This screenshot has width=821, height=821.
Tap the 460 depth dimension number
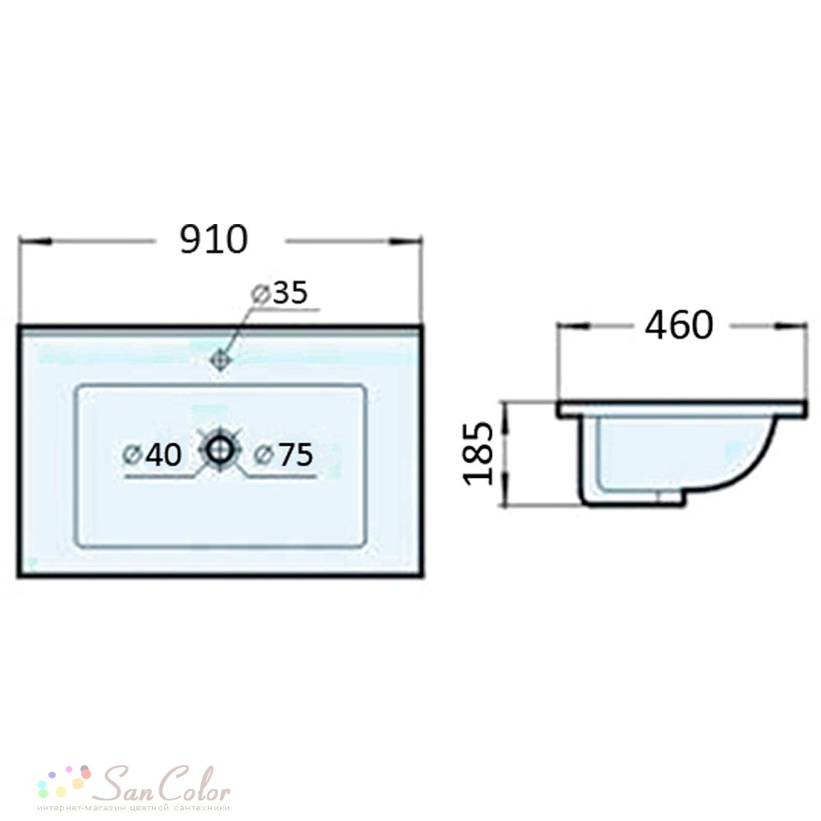[x=679, y=324]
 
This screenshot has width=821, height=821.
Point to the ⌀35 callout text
[x=280, y=293]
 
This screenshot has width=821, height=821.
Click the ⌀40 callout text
[x=152, y=455]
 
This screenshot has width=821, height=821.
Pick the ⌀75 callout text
[x=283, y=455]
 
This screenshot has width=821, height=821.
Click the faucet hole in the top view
[x=220, y=360]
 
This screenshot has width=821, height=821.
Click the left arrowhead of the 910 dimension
[x=34, y=241]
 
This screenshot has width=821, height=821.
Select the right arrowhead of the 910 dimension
[x=405, y=241]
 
